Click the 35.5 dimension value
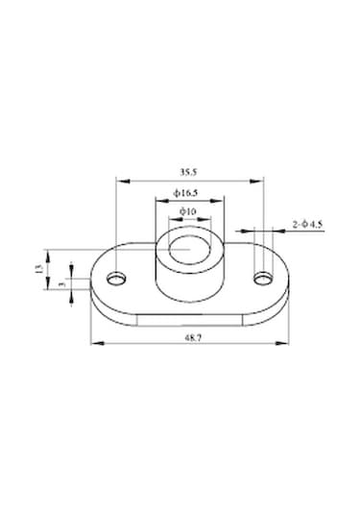point(188,172)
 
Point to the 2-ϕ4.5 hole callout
point(307,225)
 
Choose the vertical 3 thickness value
point(60,285)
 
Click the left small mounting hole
point(116,279)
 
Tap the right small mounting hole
point(263,279)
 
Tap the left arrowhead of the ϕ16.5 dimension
point(157,201)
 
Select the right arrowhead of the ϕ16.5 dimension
point(221,201)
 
